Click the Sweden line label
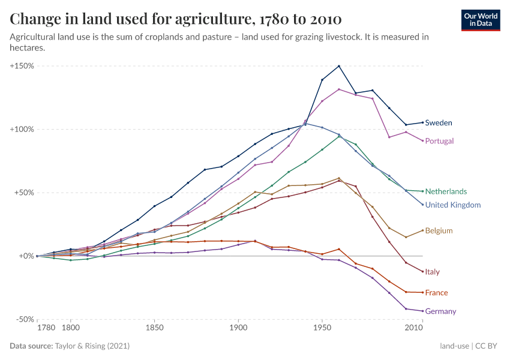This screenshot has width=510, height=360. (439, 123)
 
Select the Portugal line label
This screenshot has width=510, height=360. (439, 141)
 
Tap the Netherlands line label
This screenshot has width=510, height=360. (446, 191)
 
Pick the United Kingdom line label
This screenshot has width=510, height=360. (453, 205)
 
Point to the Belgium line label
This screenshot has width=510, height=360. (439, 231)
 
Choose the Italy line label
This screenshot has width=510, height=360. (432, 272)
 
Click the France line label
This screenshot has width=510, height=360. (436, 293)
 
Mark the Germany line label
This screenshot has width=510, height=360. (440, 311)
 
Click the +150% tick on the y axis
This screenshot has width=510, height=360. (22, 66)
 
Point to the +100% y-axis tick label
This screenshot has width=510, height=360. (22, 130)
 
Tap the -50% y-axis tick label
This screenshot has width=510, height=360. (23, 320)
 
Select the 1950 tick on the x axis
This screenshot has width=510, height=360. (322, 329)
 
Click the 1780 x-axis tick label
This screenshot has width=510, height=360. (46, 329)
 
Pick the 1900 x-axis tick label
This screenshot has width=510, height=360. (238, 329)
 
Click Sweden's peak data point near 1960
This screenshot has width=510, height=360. (339, 66)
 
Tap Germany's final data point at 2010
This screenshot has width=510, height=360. (422, 311)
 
